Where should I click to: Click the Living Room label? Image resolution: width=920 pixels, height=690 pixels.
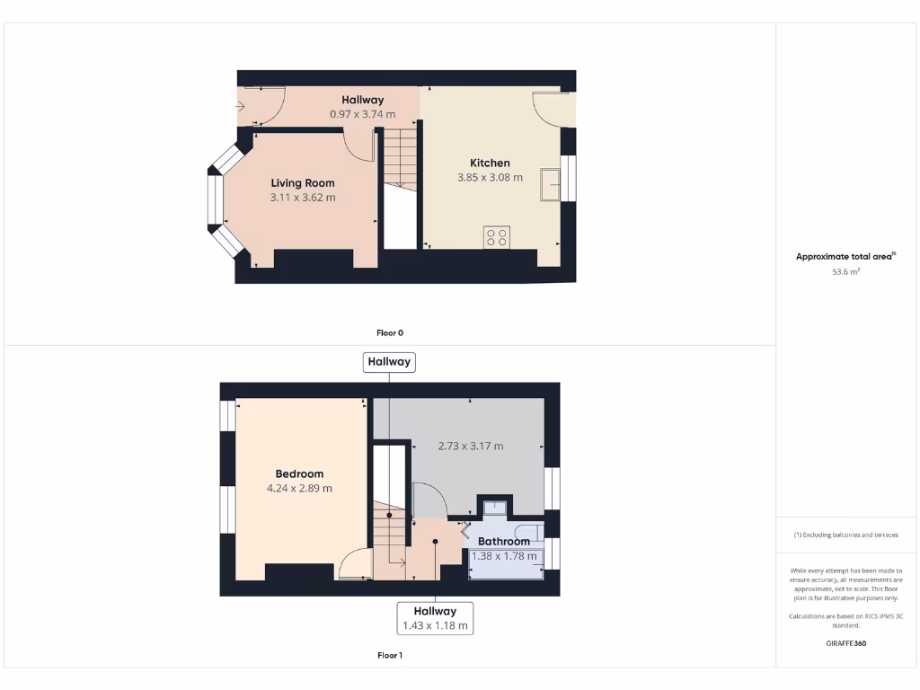303,183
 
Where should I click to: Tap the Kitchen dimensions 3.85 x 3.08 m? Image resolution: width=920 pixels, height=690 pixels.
490,178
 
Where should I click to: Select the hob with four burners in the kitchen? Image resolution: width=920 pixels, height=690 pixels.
496,237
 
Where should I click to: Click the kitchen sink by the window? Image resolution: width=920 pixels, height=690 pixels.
550,184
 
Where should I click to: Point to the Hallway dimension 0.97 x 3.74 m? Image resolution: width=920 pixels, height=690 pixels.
362,114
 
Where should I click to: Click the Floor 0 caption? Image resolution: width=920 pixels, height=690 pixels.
389,333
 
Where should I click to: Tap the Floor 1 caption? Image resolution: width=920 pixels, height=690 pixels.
389,656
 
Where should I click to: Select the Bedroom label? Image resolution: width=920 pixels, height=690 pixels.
299,474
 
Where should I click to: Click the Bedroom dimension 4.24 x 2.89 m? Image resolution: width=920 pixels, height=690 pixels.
299,489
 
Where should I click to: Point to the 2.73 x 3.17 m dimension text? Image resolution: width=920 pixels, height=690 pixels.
470,446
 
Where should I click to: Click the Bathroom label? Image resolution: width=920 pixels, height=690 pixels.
503,542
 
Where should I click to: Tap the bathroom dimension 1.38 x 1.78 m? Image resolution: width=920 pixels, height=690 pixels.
504,556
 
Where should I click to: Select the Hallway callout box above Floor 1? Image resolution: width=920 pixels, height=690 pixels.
389,362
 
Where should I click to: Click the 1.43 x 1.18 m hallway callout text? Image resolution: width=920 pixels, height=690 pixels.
435,625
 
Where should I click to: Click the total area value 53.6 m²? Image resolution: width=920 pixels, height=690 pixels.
845,270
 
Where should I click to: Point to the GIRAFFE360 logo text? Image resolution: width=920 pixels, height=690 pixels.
845,643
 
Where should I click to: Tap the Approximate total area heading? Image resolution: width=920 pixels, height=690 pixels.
845,257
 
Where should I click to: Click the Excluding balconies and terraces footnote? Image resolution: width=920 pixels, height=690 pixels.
845,535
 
